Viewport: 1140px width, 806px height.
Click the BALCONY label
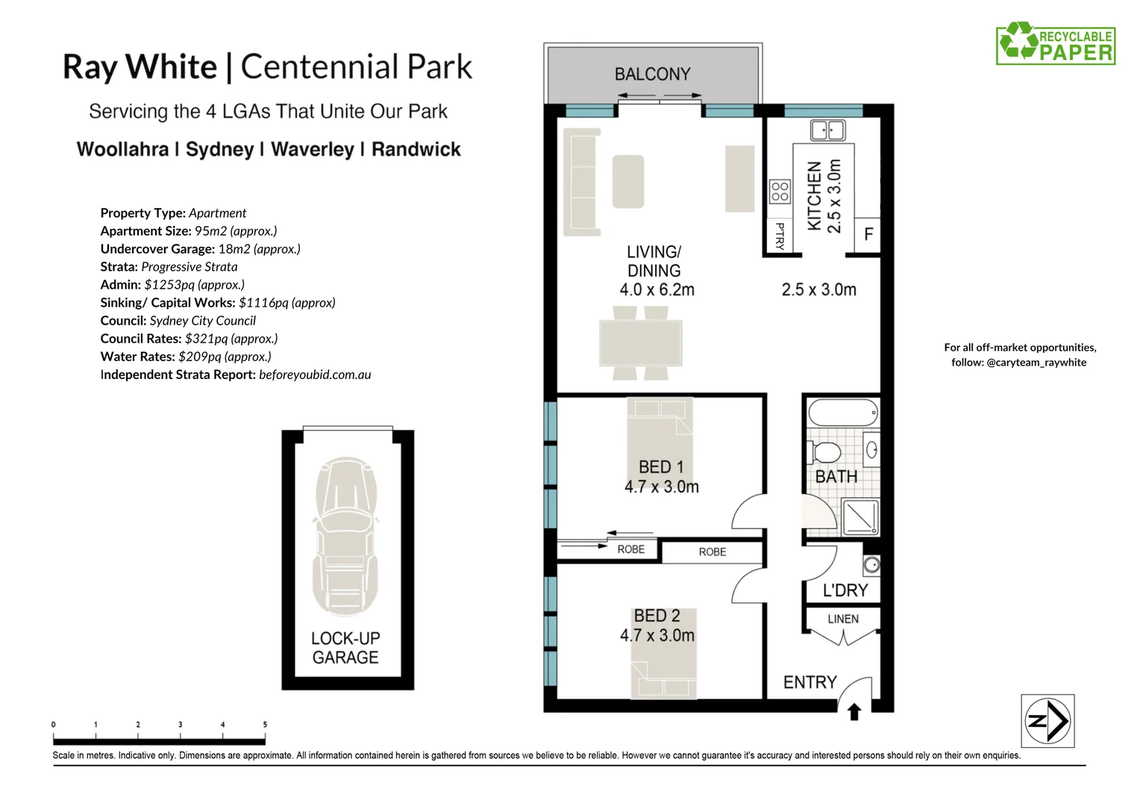[652, 74]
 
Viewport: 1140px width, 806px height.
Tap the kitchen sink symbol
[827, 131]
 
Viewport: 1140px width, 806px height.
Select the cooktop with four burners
[780, 191]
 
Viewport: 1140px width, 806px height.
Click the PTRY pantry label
[780, 236]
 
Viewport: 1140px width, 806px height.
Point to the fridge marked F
[868, 234]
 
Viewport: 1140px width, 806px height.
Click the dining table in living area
[641, 343]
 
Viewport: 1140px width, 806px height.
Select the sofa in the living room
[582, 179]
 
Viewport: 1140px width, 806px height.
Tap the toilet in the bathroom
[824, 452]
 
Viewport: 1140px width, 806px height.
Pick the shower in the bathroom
[860, 517]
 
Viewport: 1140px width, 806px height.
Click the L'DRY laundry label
[845, 590]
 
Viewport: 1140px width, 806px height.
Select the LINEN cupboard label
[843, 619]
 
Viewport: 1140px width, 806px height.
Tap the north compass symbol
[1047, 721]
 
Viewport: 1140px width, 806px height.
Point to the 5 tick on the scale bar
[265, 725]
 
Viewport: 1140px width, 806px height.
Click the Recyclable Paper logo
[1056, 43]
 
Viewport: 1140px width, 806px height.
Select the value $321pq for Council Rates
[206, 339]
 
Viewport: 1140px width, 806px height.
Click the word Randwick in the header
[416, 149]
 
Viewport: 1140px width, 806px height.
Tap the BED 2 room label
[657, 616]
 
